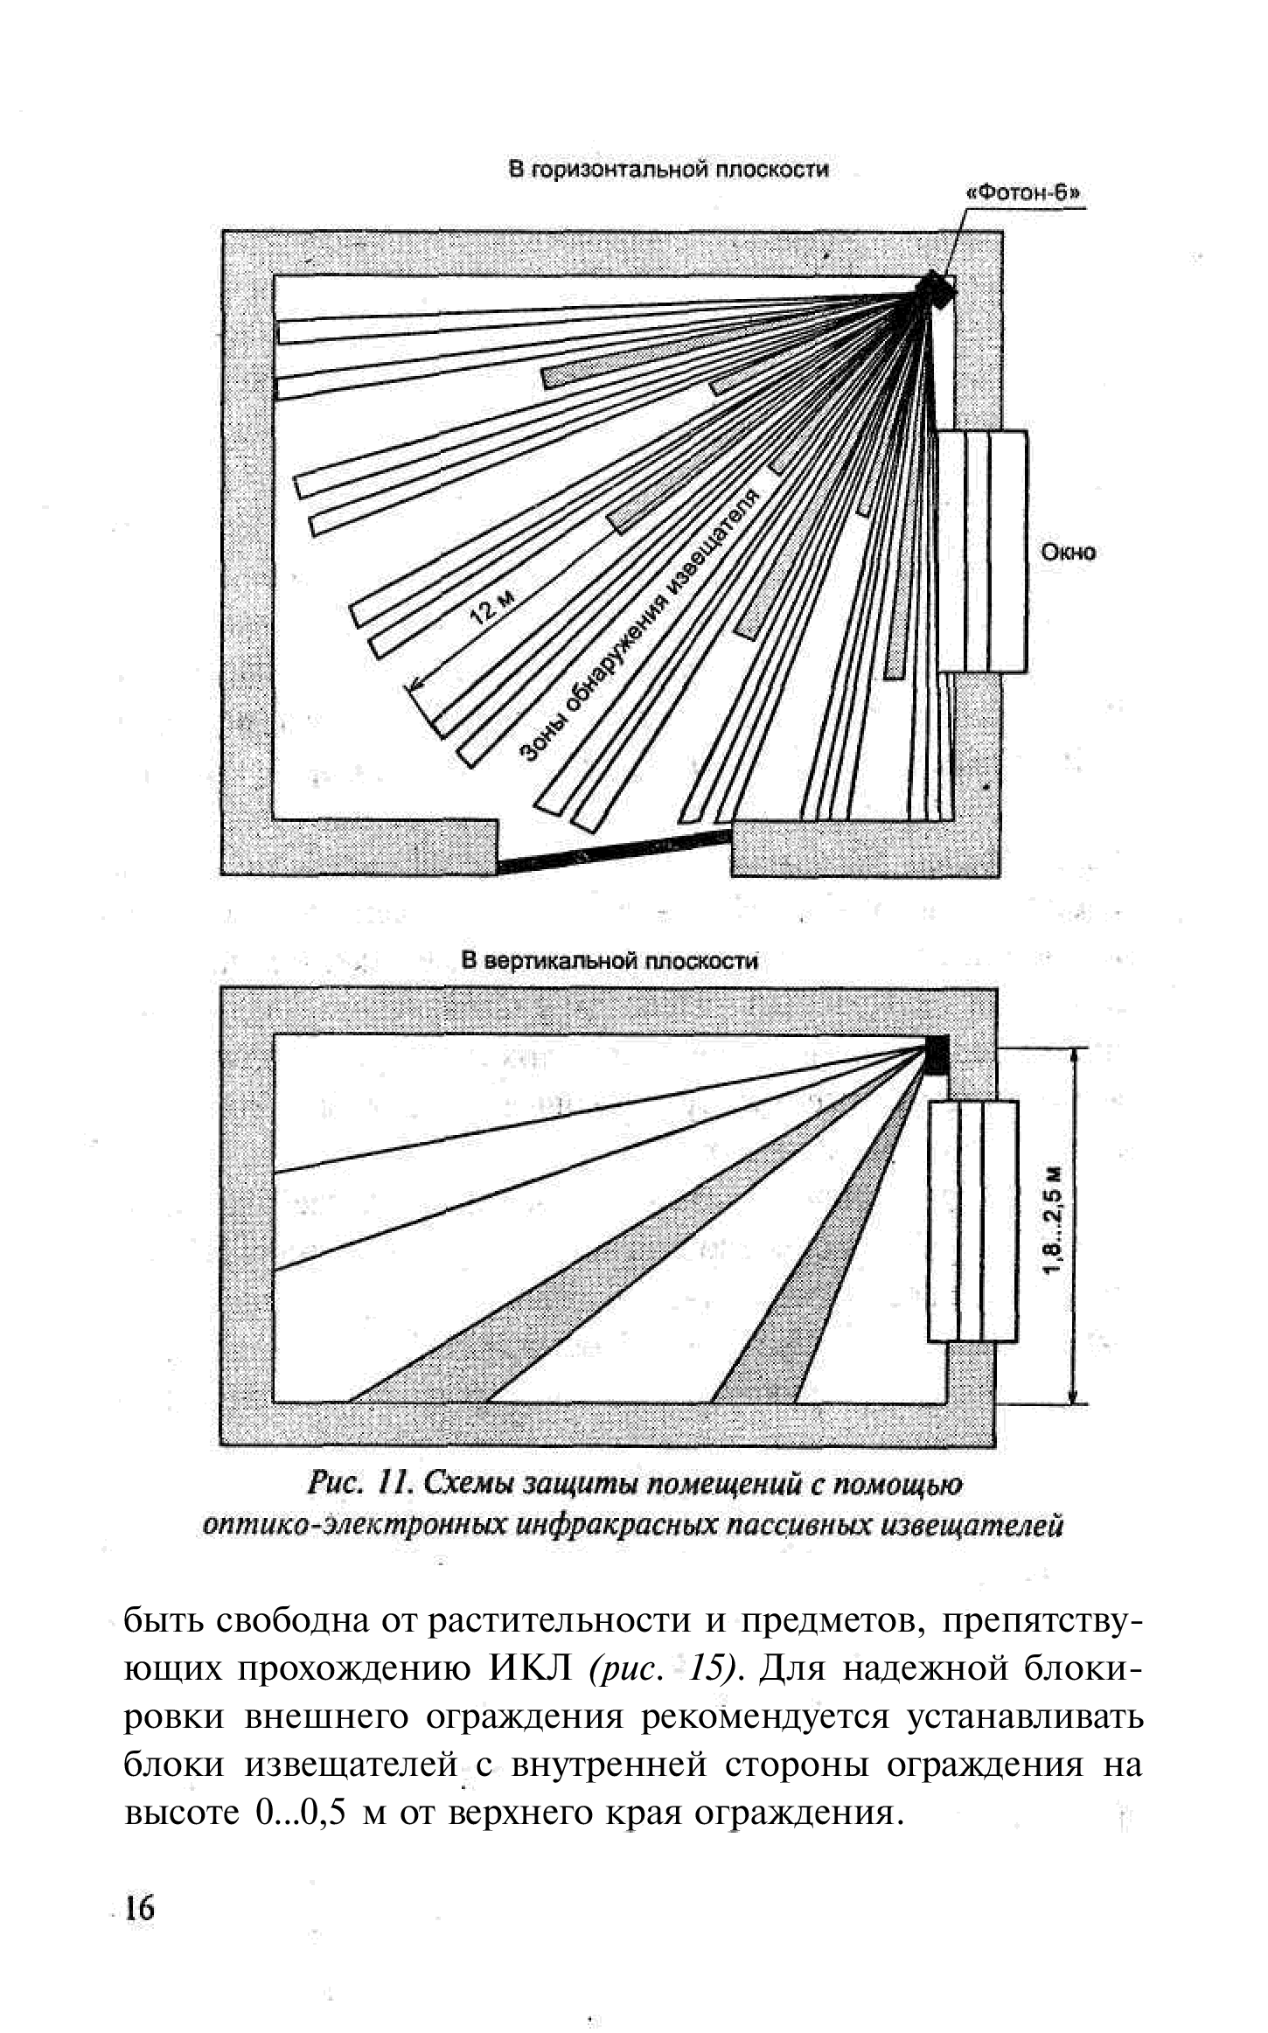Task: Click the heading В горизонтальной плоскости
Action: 669,170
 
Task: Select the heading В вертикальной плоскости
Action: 610,962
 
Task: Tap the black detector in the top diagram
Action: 935,289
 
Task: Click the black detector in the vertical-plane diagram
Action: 937,1055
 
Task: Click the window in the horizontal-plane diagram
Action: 981,552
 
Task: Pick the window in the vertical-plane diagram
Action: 972,1221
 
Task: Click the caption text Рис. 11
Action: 359,1485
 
